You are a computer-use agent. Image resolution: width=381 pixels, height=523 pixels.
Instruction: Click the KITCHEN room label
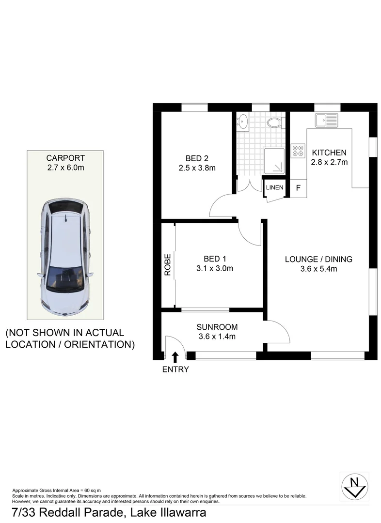tap(329, 153)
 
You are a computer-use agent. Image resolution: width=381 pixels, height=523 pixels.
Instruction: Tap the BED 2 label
tap(197, 158)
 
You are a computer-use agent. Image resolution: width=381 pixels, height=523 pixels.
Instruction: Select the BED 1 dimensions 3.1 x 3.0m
tap(215, 268)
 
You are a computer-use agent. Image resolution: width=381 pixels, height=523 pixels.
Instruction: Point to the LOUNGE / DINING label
tap(318, 259)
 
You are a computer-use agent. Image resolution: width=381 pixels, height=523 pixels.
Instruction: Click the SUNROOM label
tap(217, 327)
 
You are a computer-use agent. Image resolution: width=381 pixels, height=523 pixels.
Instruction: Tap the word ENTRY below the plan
tap(175, 369)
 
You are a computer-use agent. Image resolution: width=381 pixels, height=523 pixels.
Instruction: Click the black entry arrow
tap(175, 357)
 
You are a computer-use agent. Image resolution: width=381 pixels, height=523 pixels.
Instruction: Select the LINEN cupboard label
tap(274, 187)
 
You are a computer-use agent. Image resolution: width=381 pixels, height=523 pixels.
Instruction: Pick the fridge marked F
tap(298, 188)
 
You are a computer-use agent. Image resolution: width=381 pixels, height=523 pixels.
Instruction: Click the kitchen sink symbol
tap(327, 121)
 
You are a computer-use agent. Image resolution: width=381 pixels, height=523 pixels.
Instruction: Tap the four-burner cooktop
tap(298, 151)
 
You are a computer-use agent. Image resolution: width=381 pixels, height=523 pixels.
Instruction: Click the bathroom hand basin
tap(243, 121)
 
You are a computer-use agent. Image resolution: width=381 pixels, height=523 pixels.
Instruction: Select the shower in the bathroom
tap(274, 161)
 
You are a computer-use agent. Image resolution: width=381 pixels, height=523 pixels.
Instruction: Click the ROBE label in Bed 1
tap(168, 265)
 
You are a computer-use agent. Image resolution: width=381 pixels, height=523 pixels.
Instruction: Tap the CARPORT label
tap(65, 158)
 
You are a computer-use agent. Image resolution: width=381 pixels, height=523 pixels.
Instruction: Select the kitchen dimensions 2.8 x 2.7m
tap(329, 162)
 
